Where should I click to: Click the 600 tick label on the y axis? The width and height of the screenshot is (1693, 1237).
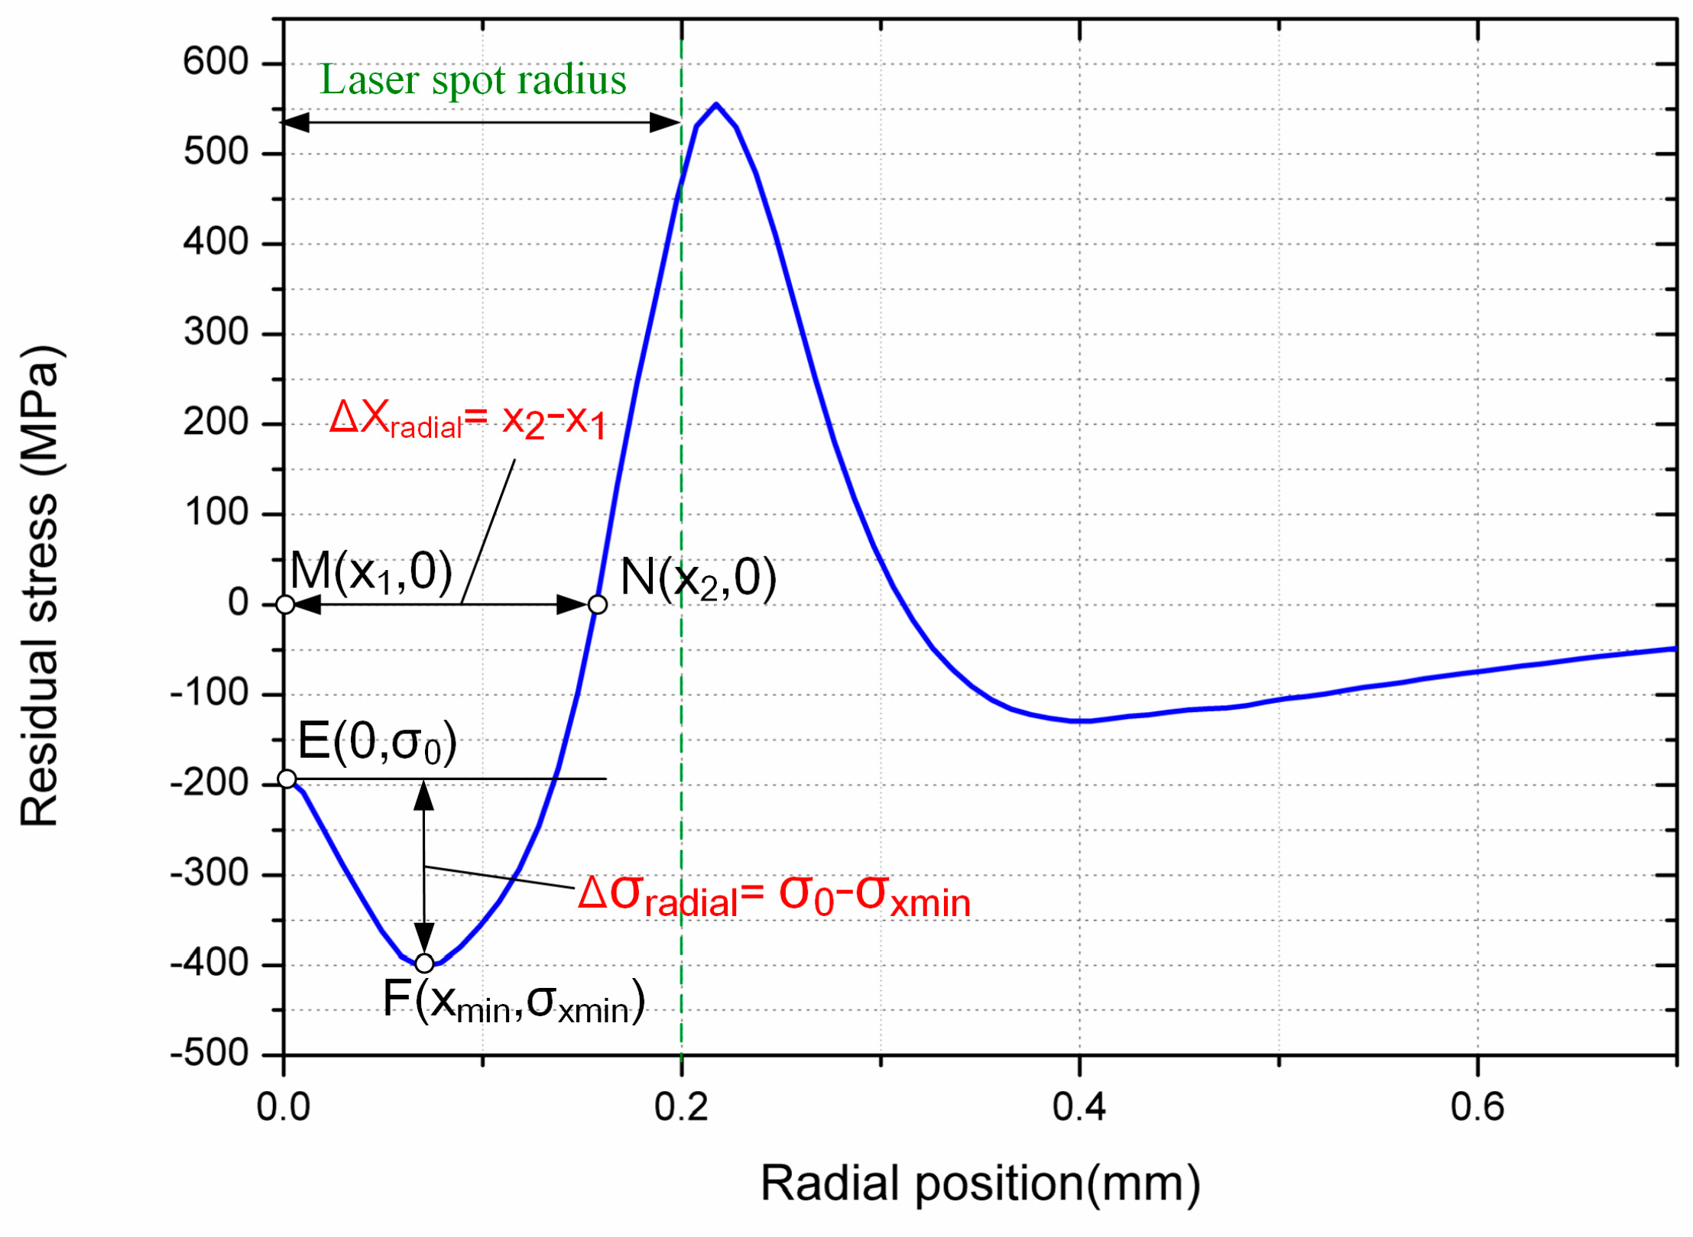216,61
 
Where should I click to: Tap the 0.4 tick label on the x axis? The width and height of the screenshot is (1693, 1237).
1078,1106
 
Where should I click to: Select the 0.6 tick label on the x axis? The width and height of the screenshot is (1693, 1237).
1477,1106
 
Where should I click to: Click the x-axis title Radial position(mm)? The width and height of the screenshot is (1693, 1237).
980,1184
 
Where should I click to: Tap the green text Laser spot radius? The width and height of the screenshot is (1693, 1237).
472,79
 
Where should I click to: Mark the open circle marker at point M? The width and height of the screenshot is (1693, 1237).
285,604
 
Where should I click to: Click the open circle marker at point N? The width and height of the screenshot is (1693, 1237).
598,604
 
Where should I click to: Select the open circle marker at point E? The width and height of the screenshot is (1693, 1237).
287,779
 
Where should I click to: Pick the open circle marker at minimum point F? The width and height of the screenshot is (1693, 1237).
424,963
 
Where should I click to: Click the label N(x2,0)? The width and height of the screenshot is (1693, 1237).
698,578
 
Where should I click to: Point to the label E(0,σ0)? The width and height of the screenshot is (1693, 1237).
377,741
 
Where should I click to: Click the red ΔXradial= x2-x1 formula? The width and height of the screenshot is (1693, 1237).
468,419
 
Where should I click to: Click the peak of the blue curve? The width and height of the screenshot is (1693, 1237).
715,104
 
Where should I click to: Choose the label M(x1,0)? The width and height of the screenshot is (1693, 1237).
371,572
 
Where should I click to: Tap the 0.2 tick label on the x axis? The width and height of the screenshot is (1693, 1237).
681,1106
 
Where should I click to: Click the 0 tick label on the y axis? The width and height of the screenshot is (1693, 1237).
238,603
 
